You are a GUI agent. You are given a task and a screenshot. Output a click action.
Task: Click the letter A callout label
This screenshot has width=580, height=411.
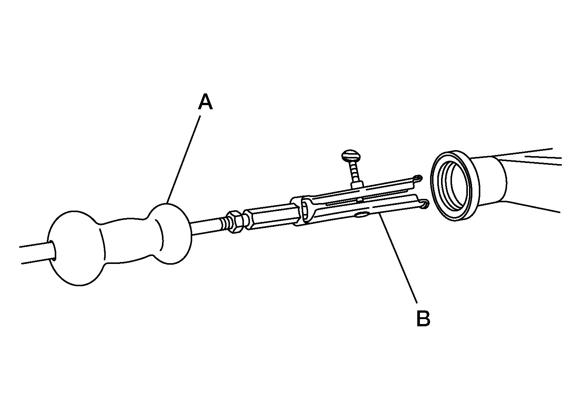[x=205, y=102]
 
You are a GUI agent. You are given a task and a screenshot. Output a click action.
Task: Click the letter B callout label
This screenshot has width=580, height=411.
[x=423, y=318]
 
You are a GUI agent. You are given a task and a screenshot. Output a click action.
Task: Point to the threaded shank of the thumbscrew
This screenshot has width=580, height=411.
[x=354, y=172]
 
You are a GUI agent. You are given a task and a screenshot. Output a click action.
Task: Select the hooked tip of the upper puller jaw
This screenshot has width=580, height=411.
[x=417, y=178]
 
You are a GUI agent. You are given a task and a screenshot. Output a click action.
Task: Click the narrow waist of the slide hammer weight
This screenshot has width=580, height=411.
[x=127, y=241]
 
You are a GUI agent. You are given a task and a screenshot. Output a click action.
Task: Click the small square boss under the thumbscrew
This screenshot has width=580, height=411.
[x=357, y=185]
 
